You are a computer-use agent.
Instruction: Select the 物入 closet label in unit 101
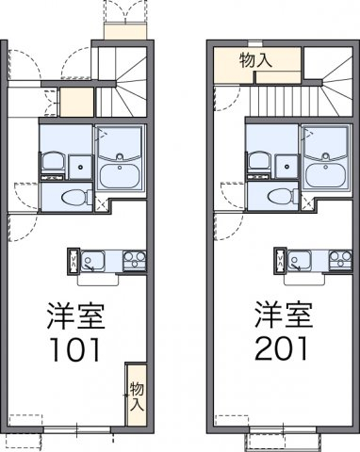(137, 395)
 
